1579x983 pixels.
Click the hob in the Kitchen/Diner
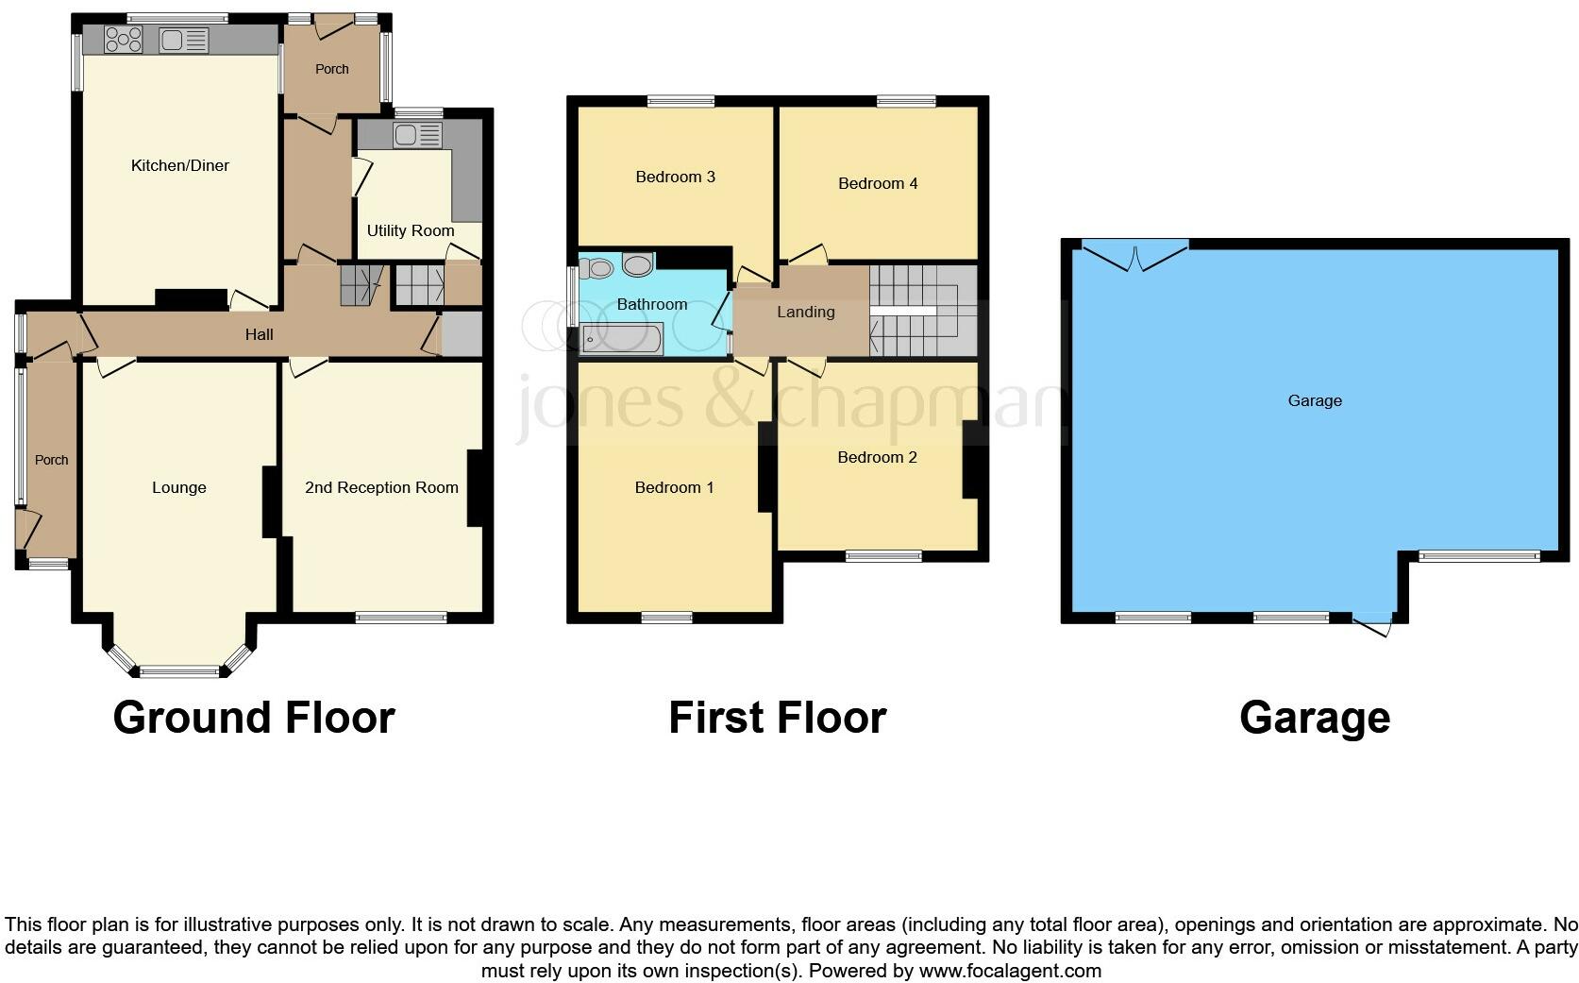124,40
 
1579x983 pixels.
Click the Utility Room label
411,230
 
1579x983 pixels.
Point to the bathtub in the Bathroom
622,338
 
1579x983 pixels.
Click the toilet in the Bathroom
596,268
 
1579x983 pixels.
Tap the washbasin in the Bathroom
639,265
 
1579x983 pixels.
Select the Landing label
805,312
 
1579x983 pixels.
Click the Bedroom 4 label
878,183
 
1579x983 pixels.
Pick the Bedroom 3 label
675,177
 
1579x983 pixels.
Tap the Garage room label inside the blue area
1314,400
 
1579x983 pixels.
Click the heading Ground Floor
253,718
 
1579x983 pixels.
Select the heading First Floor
777,718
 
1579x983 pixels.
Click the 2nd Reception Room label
381,487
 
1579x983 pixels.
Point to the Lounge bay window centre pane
179,671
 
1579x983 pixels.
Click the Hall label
260,334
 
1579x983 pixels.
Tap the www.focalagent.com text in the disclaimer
1010,970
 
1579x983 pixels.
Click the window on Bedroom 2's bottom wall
883,556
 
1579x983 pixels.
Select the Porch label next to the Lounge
52,460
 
